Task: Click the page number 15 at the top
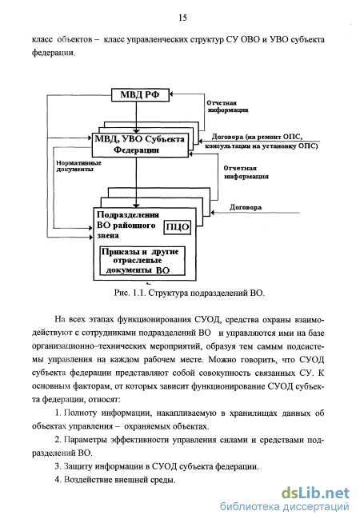coord(182,18)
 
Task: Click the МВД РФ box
coord(140,94)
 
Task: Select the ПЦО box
coord(178,227)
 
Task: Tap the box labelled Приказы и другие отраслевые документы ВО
coord(142,261)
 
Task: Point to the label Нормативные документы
coord(78,166)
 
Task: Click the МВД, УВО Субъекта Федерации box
coord(140,145)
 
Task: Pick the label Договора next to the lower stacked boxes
coord(246,207)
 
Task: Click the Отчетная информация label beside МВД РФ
coord(227,106)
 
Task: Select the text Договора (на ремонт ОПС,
coord(257,137)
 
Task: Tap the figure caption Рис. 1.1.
coord(130,293)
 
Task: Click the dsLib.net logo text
coord(315,493)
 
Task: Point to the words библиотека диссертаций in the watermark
coord(284,507)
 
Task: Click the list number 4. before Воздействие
coord(58,480)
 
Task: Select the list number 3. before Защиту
coord(58,467)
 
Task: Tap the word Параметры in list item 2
coord(85,440)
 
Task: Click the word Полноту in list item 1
coord(80,413)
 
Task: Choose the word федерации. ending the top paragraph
coord(54,53)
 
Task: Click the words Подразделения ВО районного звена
coord(128,225)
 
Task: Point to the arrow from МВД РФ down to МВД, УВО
coord(136,117)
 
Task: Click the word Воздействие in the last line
coord(88,480)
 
